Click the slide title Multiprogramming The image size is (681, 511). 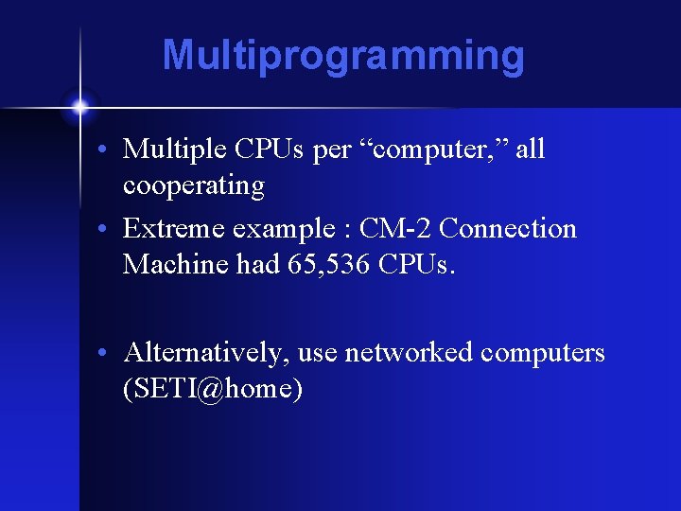point(342,55)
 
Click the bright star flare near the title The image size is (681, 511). point(79,105)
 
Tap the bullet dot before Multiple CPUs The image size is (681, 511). point(112,150)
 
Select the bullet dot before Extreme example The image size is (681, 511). point(112,230)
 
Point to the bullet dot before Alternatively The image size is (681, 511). point(112,353)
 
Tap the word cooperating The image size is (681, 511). point(194,185)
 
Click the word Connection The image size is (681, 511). point(508,229)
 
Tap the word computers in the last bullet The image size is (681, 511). point(543,353)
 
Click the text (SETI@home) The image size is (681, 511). point(213,389)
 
